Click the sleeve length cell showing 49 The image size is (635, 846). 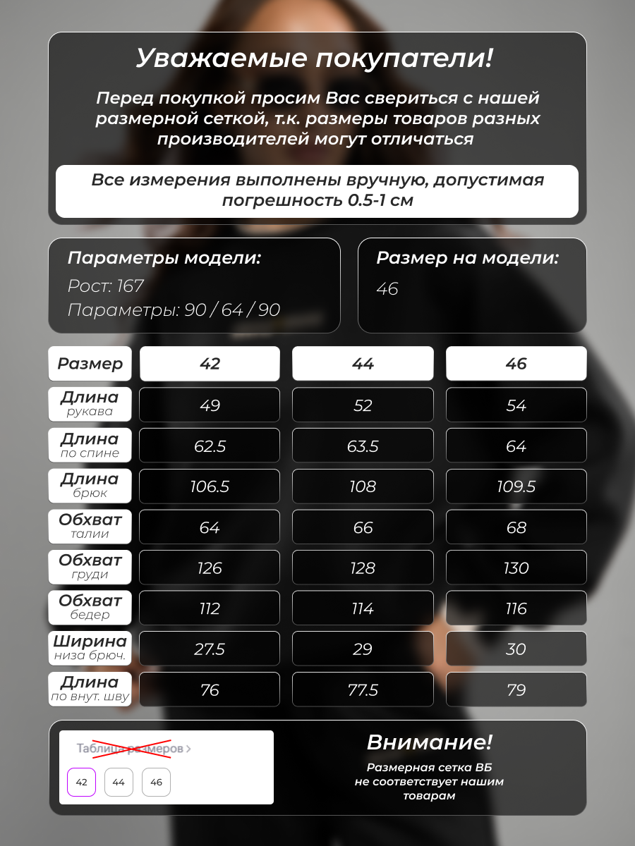pos(210,405)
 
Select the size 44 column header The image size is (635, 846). pos(363,364)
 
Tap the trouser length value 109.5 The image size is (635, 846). pos(516,486)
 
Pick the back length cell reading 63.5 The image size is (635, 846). pos(363,446)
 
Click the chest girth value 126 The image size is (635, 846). pos(210,568)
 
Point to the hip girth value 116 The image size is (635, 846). pos(516,608)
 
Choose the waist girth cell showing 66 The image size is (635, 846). pos(363,527)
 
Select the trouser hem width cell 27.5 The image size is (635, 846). pos(210,649)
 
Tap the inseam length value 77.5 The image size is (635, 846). pos(363,689)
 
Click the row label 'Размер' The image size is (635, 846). pos(90,364)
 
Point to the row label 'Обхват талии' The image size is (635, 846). pos(90,526)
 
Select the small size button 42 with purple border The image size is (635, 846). pos(81,782)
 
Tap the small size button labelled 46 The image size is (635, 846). pos(156,782)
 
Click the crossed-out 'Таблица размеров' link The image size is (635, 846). pos(133,749)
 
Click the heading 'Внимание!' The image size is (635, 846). pos(429,742)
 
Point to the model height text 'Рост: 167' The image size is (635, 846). pos(106,286)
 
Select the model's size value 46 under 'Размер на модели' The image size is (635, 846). pos(387,289)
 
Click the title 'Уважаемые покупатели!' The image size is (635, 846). pos(314,59)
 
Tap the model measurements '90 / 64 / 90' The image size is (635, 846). pos(232,310)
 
